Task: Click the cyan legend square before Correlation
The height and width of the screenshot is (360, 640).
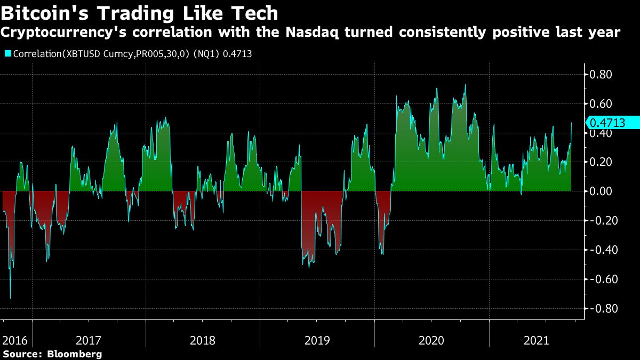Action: coord(7,53)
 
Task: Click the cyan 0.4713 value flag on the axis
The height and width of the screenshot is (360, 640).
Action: coord(613,123)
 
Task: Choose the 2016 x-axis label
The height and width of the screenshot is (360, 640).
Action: coord(14,340)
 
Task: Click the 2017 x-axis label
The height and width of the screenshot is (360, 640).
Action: coord(89,340)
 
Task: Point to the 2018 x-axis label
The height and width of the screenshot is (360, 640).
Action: coord(203,340)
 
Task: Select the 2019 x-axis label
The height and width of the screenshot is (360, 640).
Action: coord(317,340)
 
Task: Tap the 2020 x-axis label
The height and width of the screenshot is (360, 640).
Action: coord(431,340)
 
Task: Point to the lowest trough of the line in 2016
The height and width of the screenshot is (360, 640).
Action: coord(11,298)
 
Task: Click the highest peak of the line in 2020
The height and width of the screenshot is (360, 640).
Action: coord(466,84)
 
